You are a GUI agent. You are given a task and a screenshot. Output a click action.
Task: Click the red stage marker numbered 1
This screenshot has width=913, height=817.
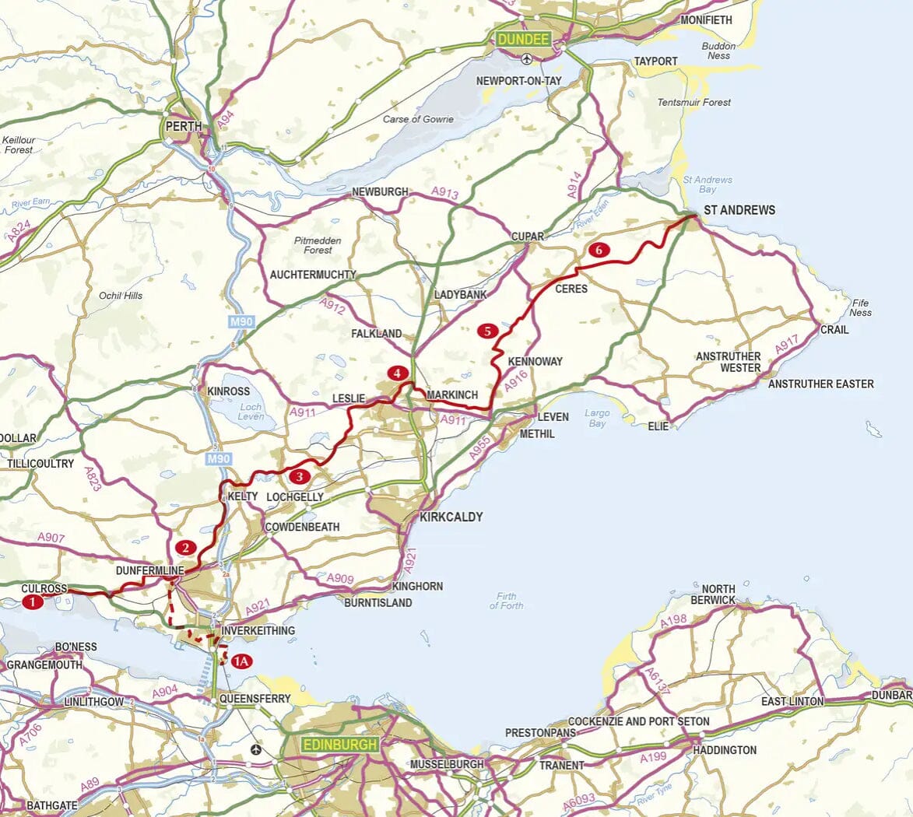33,601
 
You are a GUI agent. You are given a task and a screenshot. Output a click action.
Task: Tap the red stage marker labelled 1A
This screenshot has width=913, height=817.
241,661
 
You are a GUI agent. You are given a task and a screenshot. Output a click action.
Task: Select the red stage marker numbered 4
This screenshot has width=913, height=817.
398,373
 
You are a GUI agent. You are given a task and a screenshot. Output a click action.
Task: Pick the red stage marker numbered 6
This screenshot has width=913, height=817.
598,251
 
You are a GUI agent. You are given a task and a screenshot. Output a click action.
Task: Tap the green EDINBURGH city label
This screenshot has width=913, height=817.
340,745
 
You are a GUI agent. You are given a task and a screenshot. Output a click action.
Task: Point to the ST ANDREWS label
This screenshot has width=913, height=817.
739,210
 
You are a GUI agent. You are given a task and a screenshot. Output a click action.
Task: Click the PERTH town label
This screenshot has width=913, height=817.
184,126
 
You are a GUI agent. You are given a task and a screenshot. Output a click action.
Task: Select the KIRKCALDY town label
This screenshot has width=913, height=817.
451,517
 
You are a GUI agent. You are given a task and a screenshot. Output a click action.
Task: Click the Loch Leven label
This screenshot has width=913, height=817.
251,412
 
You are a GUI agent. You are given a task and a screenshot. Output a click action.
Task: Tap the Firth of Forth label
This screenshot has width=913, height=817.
506,601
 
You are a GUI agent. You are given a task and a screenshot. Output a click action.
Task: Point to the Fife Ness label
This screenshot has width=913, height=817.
860,307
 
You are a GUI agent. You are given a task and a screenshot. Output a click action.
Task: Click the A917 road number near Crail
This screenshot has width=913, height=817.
787,345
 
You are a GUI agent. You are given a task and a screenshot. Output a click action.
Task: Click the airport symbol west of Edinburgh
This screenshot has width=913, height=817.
258,749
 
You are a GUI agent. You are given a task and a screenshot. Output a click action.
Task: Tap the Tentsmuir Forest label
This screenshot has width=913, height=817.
694,102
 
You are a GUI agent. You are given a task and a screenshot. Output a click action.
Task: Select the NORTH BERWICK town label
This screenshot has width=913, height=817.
712,594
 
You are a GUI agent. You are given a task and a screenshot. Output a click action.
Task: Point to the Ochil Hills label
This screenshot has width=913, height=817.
121,296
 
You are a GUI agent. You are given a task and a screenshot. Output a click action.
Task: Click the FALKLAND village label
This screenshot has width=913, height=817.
377,333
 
